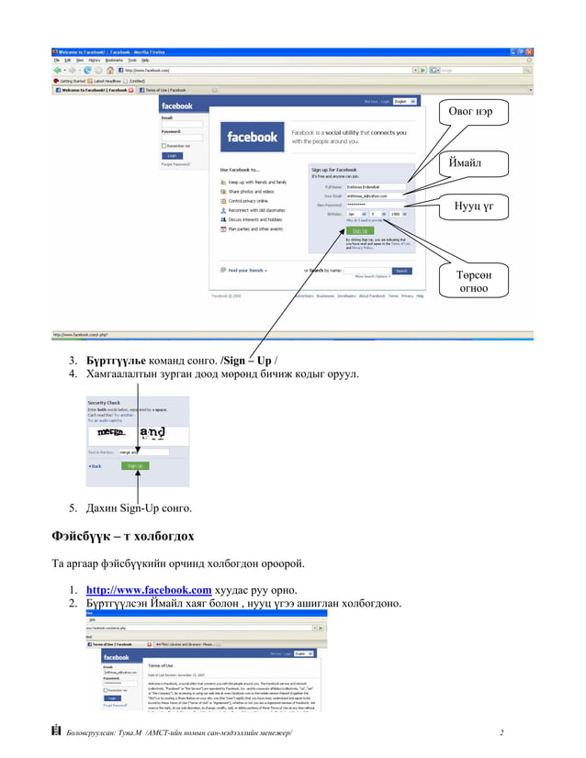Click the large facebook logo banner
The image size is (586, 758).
click(x=252, y=137)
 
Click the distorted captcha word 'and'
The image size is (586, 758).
click(x=152, y=432)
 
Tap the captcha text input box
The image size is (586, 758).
click(x=143, y=451)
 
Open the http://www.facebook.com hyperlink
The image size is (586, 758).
click(x=149, y=590)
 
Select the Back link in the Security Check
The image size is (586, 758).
click(x=96, y=466)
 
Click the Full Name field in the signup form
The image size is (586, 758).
click(x=375, y=187)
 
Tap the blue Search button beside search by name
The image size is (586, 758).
click(x=401, y=271)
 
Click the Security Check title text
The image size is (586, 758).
click(x=103, y=403)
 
